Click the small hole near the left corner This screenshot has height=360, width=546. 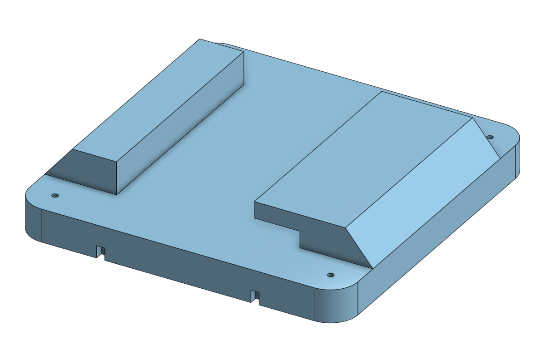click(55, 195)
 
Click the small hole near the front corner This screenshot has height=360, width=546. click(331, 275)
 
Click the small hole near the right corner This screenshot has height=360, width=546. click(490, 137)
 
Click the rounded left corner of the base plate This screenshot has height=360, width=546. click(32, 213)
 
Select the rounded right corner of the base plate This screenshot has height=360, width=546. click(516, 154)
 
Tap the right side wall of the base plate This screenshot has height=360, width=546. click(436, 245)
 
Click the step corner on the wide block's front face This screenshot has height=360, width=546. click(300, 232)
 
